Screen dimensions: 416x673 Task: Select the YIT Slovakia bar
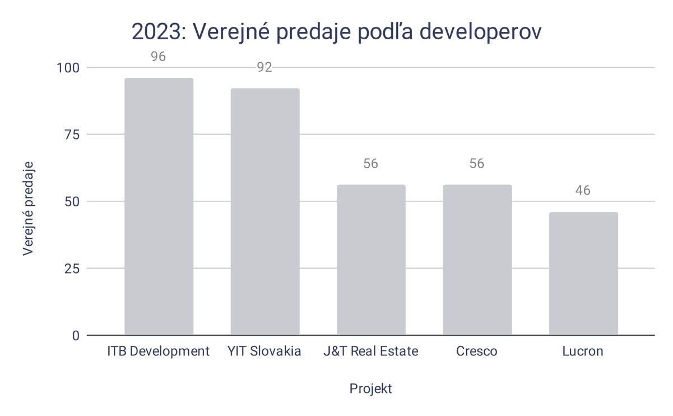click(x=265, y=211)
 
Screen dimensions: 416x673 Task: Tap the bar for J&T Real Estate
click(x=371, y=260)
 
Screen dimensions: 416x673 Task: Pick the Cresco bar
click(x=477, y=260)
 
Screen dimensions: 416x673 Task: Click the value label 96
click(x=159, y=57)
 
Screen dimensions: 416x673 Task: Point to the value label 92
click(x=264, y=68)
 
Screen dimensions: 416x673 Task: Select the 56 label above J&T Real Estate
click(x=371, y=164)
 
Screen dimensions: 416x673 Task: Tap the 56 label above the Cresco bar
click(x=477, y=164)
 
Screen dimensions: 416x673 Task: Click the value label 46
click(x=583, y=191)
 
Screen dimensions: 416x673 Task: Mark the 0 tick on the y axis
click(x=76, y=335)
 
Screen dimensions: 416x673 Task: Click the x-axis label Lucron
click(x=583, y=352)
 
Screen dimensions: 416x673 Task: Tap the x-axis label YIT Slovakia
click(x=264, y=352)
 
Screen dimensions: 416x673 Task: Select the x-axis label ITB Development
click(x=159, y=352)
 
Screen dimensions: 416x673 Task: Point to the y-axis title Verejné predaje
click(x=29, y=208)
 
